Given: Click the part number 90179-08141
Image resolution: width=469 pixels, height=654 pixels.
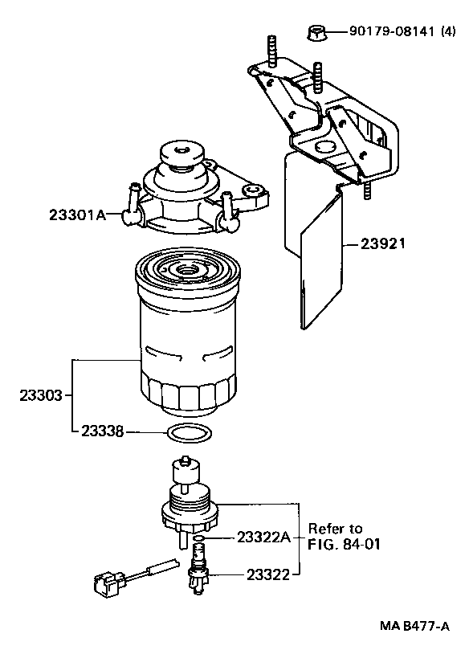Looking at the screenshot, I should pyautogui.click(x=391, y=32).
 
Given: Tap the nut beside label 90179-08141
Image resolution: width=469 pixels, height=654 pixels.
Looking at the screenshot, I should pyautogui.click(x=316, y=33).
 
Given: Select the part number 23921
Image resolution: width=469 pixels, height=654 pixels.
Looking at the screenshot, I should pyautogui.click(x=372, y=243).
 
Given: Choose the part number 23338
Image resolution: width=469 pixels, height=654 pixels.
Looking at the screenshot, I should pyautogui.click(x=102, y=431).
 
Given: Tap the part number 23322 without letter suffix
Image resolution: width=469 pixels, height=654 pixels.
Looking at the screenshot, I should pyautogui.click(x=267, y=574).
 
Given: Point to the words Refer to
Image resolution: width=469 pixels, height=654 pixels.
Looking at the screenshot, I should pyautogui.click(x=336, y=529).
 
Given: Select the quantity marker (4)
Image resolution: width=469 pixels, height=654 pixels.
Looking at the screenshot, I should pyautogui.click(x=448, y=32).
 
